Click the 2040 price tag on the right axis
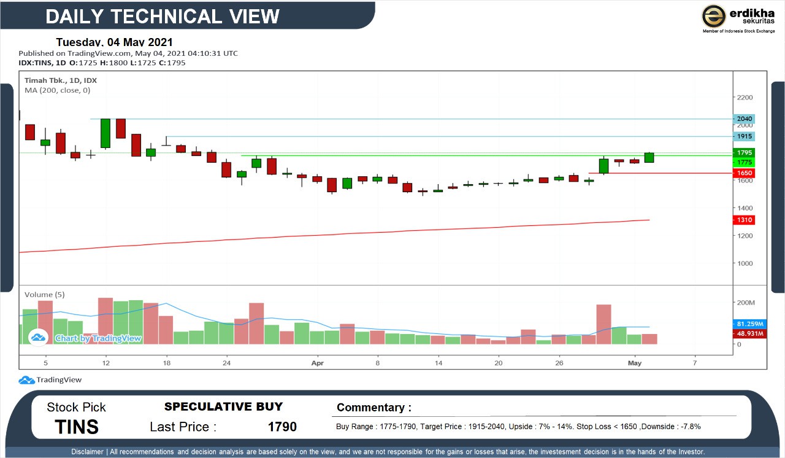pos(745,118)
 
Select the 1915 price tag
pos(745,136)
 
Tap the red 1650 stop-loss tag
pos(745,174)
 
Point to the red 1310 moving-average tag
pos(745,220)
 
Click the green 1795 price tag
pos(745,152)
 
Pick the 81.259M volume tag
pos(749,324)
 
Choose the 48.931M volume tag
pos(749,333)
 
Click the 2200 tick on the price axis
pos(745,98)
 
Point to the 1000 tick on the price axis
pos(745,263)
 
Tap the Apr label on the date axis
pos(318,363)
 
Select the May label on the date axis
pos(635,363)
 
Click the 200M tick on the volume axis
pos(746,303)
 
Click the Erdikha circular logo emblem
pos(714,16)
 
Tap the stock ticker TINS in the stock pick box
pos(77,427)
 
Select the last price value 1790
pos(282,427)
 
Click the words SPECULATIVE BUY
pos(223,406)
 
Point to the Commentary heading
pos(374,408)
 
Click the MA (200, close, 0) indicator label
pos(57,90)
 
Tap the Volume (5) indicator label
pos(44,295)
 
